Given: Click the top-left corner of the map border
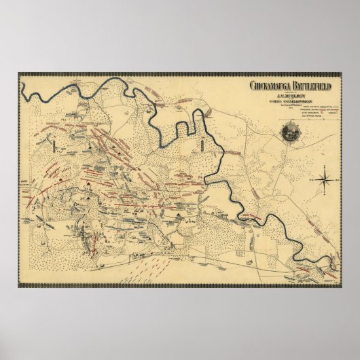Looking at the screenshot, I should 20,75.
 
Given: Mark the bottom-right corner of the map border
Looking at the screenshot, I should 340,285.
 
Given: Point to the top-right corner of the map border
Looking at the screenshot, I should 340,75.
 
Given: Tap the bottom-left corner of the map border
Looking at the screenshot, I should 20,285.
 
